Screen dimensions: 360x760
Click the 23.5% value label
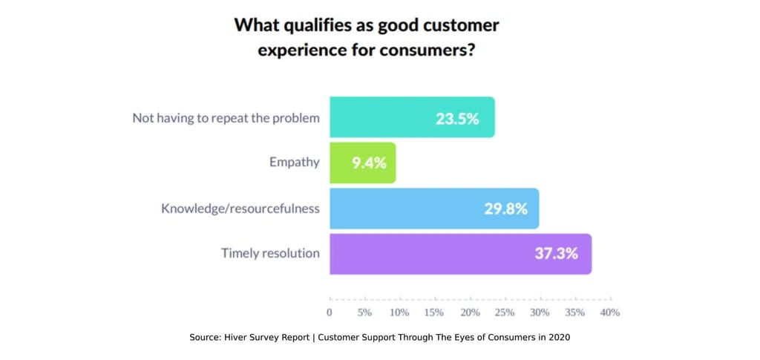[x=457, y=118]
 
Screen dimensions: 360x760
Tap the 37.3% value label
[x=557, y=254]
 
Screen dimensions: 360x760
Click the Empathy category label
[x=294, y=163]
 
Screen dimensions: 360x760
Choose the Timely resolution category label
[x=270, y=253]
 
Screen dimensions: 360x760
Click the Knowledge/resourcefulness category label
[x=240, y=209]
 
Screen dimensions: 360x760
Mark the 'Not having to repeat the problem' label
[x=226, y=118]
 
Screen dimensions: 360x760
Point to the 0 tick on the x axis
[x=330, y=312]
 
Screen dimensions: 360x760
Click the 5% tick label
[x=364, y=312]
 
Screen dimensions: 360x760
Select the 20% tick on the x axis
[x=470, y=312]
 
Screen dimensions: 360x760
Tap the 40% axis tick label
[x=610, y=312]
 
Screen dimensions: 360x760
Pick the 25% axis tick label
[x=505, y=312]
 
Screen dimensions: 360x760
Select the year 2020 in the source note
[x=559, y=337]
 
